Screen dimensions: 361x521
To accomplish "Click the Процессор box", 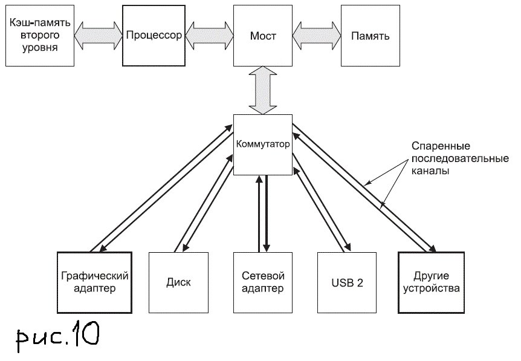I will [x=154, y=36].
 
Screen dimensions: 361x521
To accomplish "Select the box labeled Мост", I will [x=263, y=36].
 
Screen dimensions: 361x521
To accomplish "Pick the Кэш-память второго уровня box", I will [x=39, y=36].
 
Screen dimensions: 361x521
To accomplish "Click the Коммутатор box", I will [x=262, y=145].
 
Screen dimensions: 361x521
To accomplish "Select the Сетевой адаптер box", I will [x=263, y=282].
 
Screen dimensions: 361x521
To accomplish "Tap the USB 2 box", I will [x=348, y=282].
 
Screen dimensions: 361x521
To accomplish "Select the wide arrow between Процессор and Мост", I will [x=209, y=35].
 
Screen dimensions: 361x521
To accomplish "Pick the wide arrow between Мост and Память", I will [x=317, y=35].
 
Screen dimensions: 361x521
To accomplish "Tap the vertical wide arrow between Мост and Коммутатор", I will [x=263, y=91].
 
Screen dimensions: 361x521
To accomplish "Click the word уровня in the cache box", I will [x=39, y=48].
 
